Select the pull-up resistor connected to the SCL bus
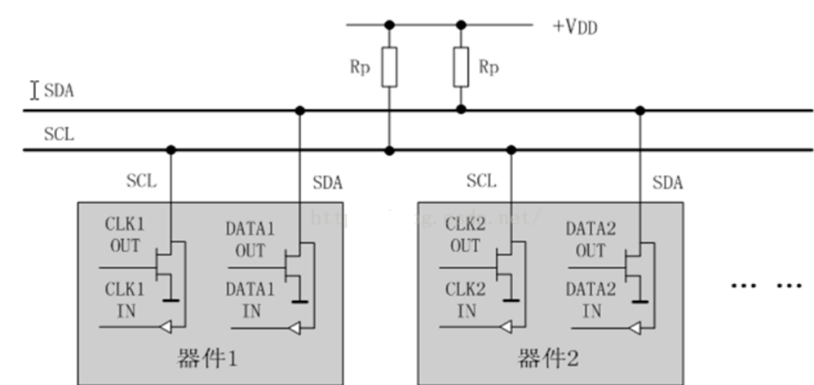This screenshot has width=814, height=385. [x=388, y=67]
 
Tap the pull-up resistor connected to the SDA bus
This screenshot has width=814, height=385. [x=461, y=67]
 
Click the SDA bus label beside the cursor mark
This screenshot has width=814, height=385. [x=59, y=91]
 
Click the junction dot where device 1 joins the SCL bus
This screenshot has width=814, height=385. [x=171, y=150]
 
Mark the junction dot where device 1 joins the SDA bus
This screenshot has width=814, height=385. [x=301, y=110]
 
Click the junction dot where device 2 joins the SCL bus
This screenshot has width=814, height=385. [x=511, y=150]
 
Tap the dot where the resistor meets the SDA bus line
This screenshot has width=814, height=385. [x=461, y=110]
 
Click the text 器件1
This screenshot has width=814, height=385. [x=209, y=360]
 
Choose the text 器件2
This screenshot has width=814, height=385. [x=549, y=360]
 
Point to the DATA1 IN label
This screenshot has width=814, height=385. [x=250, y=299]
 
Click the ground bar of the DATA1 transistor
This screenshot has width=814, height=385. [x=301, y=303]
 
